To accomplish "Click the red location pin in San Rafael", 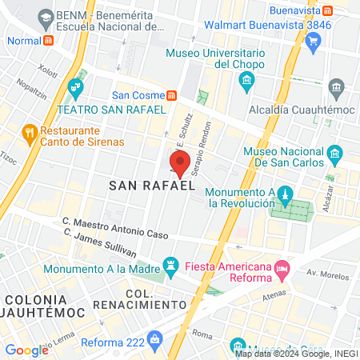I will (180, 163).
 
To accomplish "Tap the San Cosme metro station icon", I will (172, 95).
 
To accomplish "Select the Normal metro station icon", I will (49, 40).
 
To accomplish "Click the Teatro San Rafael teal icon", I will (77, 86).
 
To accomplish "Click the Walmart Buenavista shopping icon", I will (313, 41).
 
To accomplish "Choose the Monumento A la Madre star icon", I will (170, 264).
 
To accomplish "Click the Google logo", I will (26, 350).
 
